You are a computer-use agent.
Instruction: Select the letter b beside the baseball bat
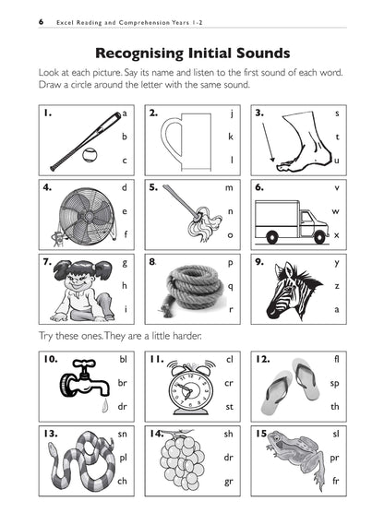click(x=124, y=136)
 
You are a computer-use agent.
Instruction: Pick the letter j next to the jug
click(x=231, y=113)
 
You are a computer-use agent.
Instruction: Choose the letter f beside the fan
click(x=124, y=234)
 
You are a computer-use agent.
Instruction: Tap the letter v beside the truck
click(x=337, y=187)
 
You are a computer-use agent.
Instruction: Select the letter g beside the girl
click(x=124, y=262)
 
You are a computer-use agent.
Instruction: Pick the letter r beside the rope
click(x=231, y=310)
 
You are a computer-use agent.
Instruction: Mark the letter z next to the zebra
click(x=337, y=286)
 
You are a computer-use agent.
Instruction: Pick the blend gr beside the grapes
click(x=229, y=480)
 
